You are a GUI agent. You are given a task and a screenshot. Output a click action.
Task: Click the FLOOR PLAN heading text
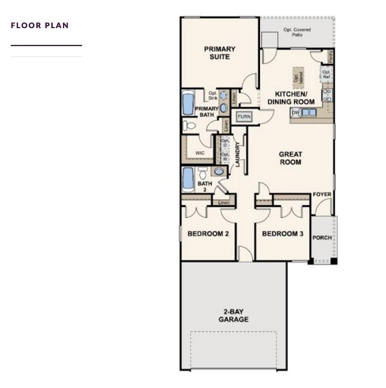tap(40, 25)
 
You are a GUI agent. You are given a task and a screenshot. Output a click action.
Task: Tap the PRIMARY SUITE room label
tap(219, 53)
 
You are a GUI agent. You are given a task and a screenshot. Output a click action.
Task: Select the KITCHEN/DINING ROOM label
tap(291, 98)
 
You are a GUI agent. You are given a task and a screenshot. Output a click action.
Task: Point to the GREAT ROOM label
tap(290, 158)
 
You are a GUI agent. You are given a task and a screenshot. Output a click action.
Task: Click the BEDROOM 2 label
tap(208, 234)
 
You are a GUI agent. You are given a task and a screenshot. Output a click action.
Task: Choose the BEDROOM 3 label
tap(282, 234)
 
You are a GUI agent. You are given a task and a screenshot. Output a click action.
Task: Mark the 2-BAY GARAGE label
tap(233, 316)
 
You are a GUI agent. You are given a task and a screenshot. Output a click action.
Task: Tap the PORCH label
tap(322, 238)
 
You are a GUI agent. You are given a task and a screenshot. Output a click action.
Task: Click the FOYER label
tap(322, 195)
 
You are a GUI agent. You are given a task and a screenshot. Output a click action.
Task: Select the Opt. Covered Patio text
tap(297, 32)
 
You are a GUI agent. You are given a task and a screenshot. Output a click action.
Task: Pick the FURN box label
tap(244, 116)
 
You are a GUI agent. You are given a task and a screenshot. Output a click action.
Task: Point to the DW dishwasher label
tap(295, 113)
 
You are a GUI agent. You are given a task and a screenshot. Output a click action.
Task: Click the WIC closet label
tap(200, 153)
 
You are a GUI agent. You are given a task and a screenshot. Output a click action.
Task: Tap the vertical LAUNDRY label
tap(238, 154)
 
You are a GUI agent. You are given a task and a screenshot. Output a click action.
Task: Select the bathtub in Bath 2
tap(188, 178)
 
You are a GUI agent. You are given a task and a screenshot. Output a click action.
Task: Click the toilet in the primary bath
tap(189, 126)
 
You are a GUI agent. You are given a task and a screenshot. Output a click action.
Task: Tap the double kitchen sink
tap(309, 112)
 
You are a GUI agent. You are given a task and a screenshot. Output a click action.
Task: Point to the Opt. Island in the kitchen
tap(298, 76)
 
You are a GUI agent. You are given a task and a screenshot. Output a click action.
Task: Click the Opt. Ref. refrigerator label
tap(326, 75)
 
